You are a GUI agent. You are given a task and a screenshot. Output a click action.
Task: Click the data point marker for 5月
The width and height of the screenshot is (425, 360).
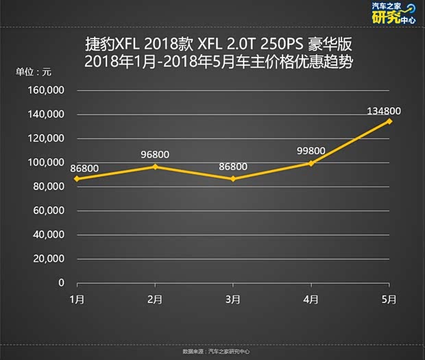pyautogui.click(x=389, y=121)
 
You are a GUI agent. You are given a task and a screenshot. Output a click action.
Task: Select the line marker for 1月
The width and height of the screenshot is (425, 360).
pyautogui.click(x=77, y=179)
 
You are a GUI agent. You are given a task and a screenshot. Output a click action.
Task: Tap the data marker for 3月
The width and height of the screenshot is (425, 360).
pyautogui.click(x=233, y=179)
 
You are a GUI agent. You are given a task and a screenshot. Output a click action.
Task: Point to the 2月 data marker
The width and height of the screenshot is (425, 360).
pyautogui.click(x=155, y=167)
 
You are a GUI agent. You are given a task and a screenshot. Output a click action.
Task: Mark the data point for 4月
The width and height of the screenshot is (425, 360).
pyautogui.click(x=311, y=163)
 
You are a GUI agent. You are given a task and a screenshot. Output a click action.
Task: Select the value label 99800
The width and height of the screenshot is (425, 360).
pyautogui.click(x=311, y=150)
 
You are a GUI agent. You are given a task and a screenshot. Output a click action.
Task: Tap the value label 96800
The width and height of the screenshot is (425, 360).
pyautogui.click(x=155, y=154)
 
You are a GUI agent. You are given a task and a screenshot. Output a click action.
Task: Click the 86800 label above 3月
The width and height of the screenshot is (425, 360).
pyautogui.click(x=233, y=166)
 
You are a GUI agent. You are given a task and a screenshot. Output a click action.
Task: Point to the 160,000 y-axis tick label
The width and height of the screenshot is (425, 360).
pyautogui.click(x=46, y=91)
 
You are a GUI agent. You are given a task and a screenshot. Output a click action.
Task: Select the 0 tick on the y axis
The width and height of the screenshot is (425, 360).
pyautogui.click(x=61, y=283)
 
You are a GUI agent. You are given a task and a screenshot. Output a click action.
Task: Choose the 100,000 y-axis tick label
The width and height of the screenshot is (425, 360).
pyautogui.click(x=46, y=163)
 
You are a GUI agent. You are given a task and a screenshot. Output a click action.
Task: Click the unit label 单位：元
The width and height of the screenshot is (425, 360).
pyautogui.click(x=34, y=71)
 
